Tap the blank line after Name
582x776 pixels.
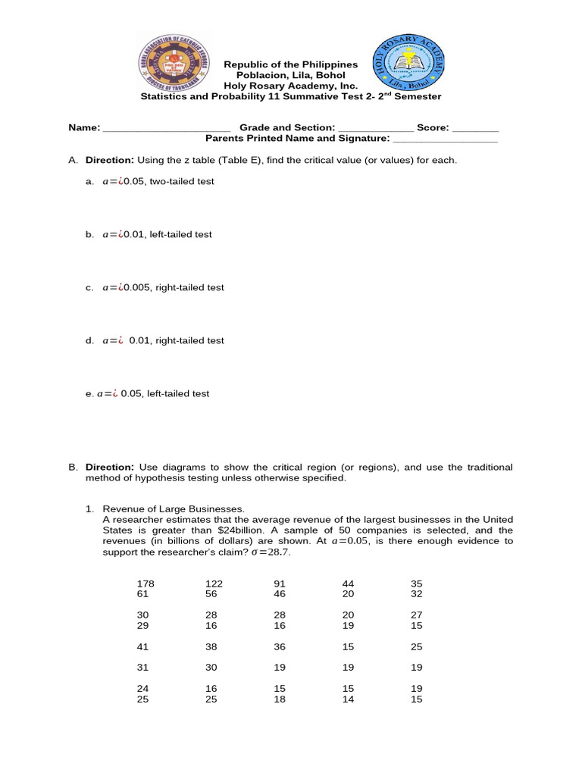pos(166,128)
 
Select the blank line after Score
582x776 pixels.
pos(475,128)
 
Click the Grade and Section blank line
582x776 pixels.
pos(376,128)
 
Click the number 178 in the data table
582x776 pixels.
pos(145,584)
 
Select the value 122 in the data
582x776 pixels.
pos(214,584)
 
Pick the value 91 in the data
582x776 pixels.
pos(279,584)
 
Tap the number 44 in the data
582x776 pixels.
pos(348,584)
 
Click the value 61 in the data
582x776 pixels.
pos(142,595)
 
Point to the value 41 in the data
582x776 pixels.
pos(142,647)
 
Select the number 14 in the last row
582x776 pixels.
pos(348,699)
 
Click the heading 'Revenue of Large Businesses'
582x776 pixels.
pos(174,509)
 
